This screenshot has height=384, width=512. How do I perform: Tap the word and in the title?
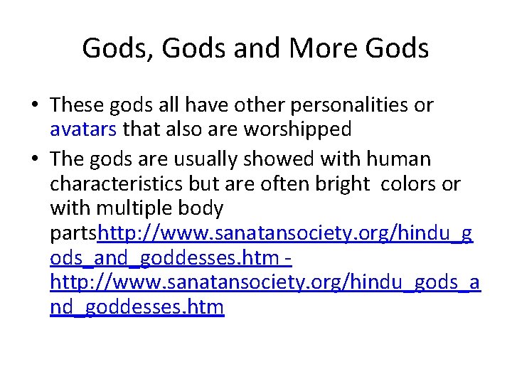point(254,48)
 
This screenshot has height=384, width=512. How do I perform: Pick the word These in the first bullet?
point(77,105)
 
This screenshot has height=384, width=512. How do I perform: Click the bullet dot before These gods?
point(35,106)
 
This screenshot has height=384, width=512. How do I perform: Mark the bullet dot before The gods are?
point(35,159)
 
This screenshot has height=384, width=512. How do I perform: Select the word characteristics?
point(117,184)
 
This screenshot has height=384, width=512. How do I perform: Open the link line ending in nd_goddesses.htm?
point(137,308)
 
